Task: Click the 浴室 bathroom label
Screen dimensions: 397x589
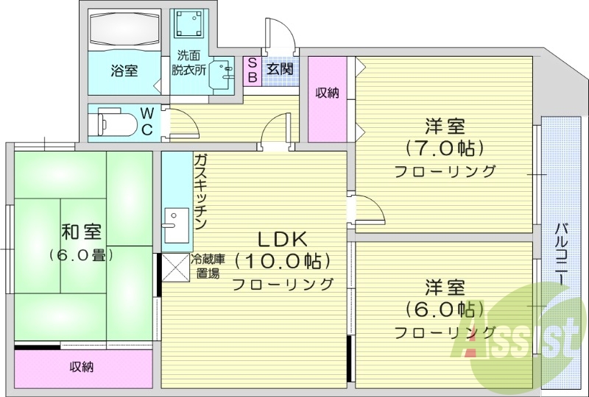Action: point(124,71)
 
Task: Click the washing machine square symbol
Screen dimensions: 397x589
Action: point(189,25)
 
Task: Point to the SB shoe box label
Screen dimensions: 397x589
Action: point(250,70)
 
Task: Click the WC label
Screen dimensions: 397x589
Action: point(147,121)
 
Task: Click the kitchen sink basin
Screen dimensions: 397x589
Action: point(175,220)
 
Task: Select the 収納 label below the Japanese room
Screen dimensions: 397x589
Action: point(82,367)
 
